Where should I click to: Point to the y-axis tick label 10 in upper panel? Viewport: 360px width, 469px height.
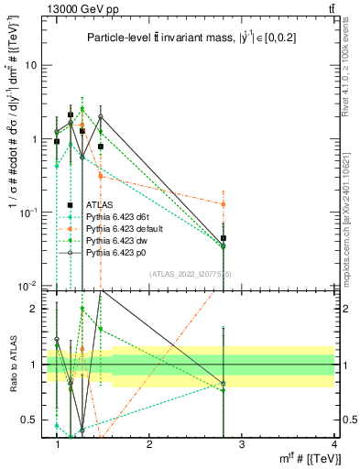30,66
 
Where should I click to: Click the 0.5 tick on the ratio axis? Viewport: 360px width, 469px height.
28,420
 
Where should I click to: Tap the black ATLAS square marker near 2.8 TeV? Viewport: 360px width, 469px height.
224,238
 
